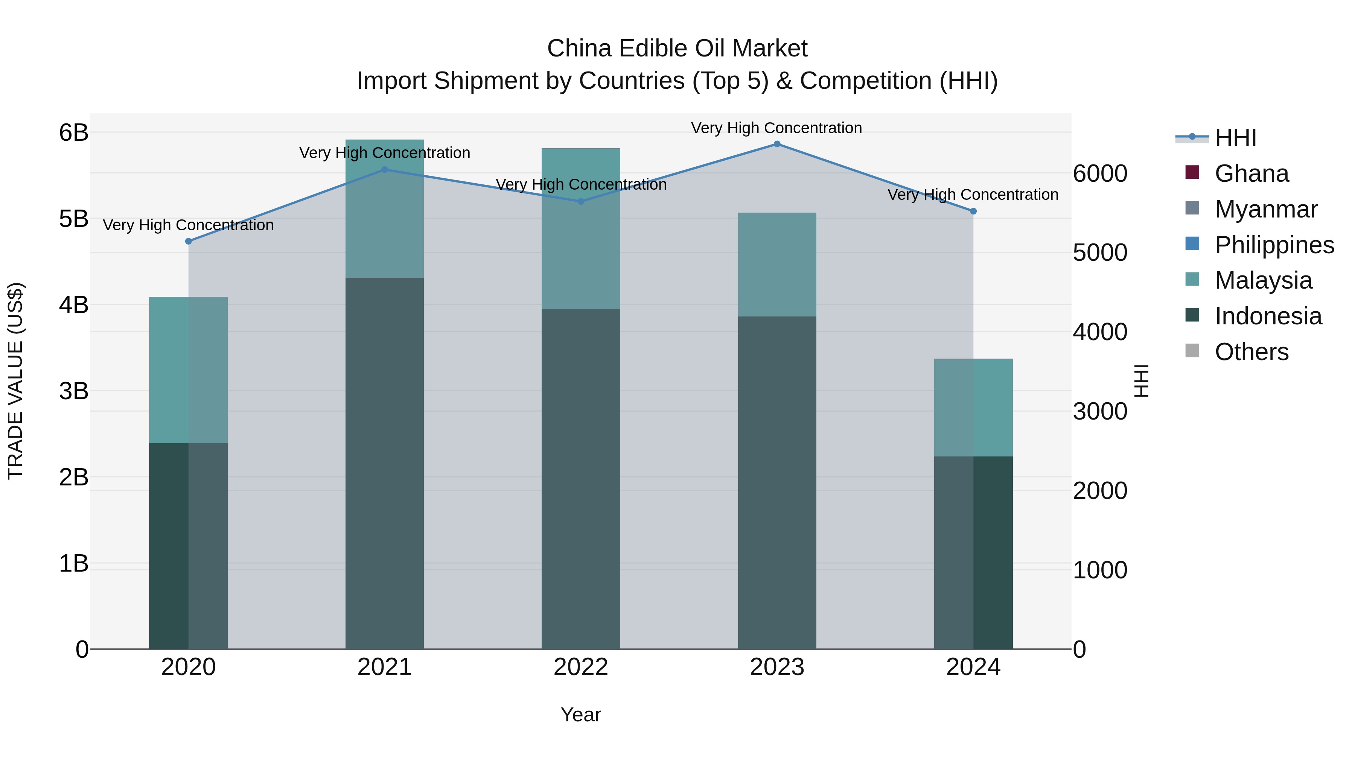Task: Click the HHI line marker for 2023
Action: coord(777,144)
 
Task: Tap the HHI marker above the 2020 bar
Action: coord(188,241)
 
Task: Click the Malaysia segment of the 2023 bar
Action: coord(777,265)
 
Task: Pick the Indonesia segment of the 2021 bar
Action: coord(385,463)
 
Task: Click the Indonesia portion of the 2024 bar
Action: coord(973,552)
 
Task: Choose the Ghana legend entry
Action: coord(1251,173)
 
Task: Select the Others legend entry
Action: coord(1251,352)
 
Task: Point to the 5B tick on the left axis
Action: coord(74,219)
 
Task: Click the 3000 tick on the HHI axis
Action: coord(1100,411)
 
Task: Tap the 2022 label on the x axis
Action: coord(581,667)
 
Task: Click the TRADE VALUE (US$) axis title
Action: coord(16,381)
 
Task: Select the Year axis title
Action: coord(581,715)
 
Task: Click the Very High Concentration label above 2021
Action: coord(385,153)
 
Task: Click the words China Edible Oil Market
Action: coord(677,49)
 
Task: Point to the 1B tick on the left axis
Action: coord(74,564)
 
